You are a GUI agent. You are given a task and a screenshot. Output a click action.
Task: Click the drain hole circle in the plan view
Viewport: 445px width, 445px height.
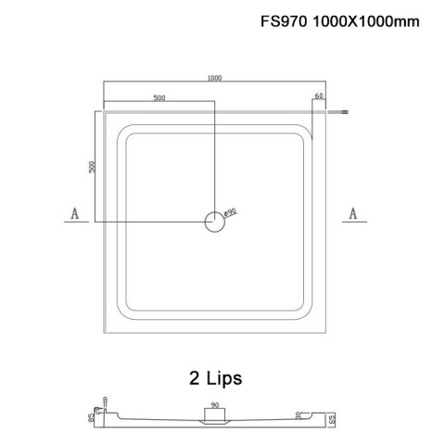214,220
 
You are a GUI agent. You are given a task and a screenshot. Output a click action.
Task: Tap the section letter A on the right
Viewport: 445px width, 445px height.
352,215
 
